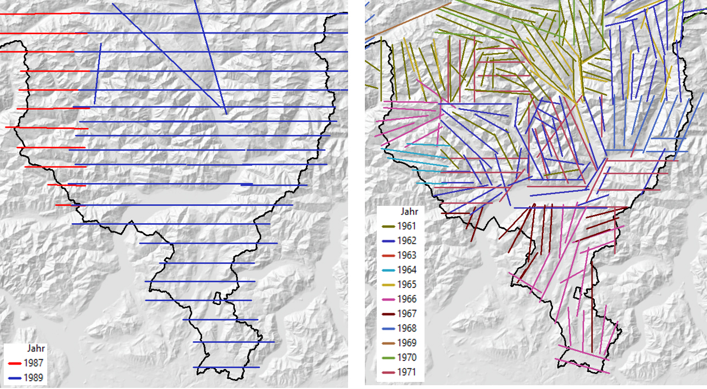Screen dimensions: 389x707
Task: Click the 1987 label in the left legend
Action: pos(34,363)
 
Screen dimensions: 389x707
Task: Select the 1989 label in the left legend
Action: pos(34,378)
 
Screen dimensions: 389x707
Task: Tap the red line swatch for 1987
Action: pos(14,363)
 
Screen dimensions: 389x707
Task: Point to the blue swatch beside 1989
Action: pos(14,378)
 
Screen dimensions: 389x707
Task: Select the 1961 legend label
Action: pos(407,225)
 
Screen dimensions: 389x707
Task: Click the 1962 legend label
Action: pos(407,240)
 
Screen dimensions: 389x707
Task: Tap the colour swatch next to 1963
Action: pos(388,255)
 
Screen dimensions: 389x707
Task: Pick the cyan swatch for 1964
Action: pos(388,270)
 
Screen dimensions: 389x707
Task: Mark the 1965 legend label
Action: pos(407,284)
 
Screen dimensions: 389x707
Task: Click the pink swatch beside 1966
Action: pos(388,299)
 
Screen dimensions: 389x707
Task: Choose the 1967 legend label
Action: pos(407,314)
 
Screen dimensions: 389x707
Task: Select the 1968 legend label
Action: pos(407,328)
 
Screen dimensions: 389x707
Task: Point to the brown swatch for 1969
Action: pos(388,343)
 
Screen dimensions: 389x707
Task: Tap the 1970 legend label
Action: pos(407,358)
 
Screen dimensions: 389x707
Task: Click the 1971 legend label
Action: pos(407,372)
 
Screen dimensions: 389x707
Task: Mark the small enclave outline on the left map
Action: pos(217,298)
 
